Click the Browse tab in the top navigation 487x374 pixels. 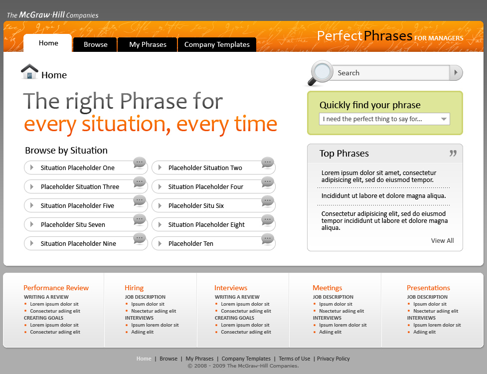95,44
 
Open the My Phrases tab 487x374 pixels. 148,44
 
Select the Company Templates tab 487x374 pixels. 217,44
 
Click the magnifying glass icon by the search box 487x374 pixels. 320,73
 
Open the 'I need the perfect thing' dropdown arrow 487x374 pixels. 444,119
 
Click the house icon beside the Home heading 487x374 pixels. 29,71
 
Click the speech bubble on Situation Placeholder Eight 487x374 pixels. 267,220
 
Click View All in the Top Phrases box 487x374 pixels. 442,240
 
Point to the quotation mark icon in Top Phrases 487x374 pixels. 453,153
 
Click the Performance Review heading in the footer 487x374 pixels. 56,288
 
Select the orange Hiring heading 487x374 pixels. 134,288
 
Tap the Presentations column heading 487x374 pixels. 428,288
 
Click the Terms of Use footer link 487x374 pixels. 295,359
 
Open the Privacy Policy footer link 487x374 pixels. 333,359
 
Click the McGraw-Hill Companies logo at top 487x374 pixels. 52,15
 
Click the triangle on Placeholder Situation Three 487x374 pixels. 32,187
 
